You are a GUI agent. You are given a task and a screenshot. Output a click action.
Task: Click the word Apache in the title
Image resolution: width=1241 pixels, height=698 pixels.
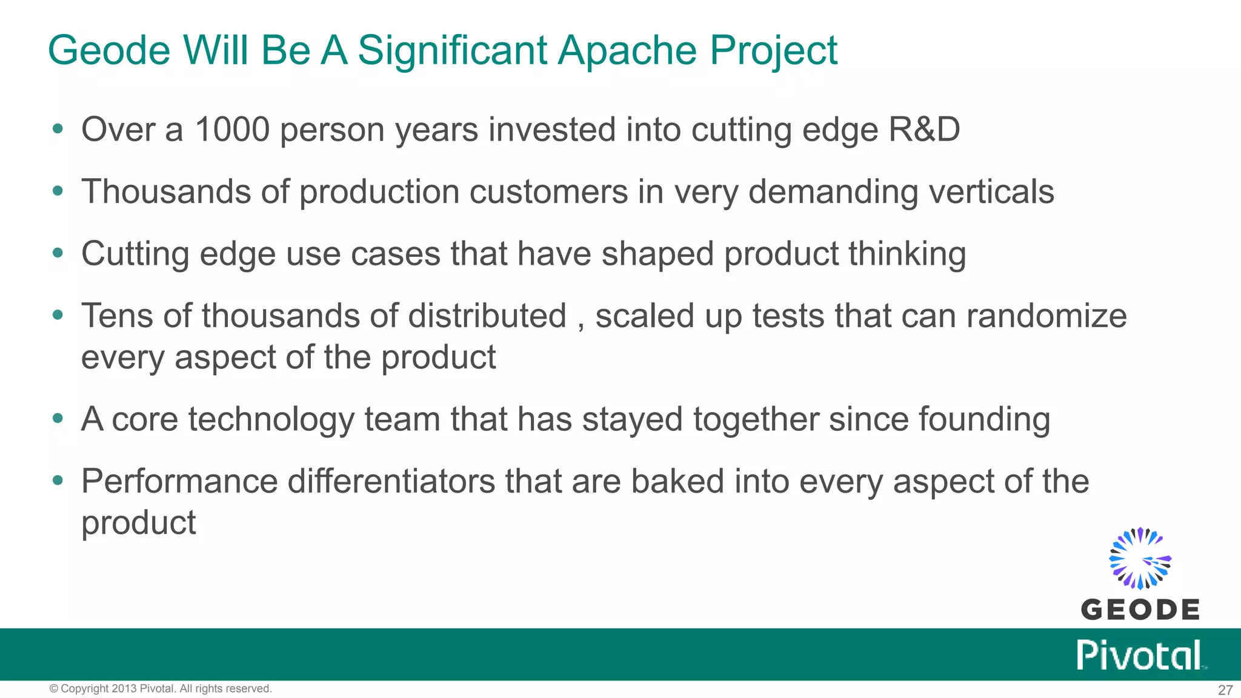coord(627,51)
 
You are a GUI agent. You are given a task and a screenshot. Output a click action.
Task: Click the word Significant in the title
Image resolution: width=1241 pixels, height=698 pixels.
coord(453,51)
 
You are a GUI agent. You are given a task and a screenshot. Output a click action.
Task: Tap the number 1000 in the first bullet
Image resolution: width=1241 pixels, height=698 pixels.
coord(231,130)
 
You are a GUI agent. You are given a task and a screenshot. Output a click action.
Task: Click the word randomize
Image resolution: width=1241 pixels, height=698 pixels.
coord(1046,316)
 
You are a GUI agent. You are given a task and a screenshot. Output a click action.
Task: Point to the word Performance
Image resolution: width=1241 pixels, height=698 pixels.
coord(179,482)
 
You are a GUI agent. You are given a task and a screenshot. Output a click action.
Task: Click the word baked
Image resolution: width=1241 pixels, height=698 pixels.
coord(677,482)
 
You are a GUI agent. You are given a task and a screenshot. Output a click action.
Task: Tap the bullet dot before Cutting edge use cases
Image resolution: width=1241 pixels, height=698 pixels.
coord(58,253)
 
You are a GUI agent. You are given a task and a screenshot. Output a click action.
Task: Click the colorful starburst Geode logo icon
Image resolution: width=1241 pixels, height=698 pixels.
coord(1140,559)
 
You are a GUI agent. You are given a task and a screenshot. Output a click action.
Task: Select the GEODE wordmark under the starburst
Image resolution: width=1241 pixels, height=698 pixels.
coord(1140,610)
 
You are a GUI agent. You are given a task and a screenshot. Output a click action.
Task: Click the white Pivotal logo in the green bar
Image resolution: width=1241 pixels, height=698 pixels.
coord(1140,655)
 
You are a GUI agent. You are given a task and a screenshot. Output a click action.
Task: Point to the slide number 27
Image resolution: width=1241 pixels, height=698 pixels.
coord(1225,690)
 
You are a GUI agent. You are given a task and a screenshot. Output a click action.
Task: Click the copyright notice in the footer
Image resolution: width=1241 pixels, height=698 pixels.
coord(161,689)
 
